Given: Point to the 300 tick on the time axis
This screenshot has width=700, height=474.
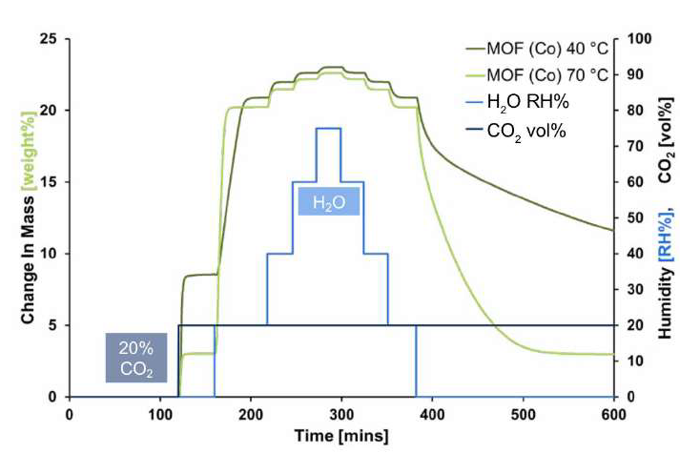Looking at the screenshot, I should pos(341,413).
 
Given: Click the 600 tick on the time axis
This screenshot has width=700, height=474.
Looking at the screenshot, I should pos(614,413).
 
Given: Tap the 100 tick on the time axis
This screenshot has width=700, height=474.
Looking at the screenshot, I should pos(159,413).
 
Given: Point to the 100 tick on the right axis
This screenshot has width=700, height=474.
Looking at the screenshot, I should pos(635,39).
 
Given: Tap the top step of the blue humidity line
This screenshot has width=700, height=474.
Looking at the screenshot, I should pos(329,128).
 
